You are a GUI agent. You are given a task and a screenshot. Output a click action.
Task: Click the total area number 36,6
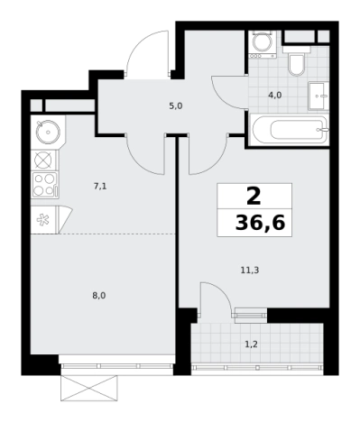tap(260, 224)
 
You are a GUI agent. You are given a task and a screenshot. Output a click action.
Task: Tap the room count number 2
tap(254, 197)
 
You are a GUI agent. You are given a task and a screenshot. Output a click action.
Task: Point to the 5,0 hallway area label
tap(176, 106)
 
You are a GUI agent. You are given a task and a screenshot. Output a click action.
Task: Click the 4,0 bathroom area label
tap(274, 96)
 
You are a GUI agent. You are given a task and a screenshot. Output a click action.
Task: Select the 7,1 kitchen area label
tap(100, 187)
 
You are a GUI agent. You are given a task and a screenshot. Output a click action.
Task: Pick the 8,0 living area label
tap(99, 296)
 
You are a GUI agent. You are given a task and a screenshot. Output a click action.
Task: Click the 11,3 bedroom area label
tap(250, 271)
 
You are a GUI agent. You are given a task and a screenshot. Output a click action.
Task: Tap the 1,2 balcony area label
tap(251, 344)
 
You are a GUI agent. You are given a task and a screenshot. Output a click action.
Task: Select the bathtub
tap(290, 130)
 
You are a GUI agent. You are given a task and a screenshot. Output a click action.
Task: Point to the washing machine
tap(263, 44)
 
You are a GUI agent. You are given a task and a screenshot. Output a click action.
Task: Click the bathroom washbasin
tap(318, 96)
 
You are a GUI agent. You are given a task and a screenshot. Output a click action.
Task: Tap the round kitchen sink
tap(48, 132)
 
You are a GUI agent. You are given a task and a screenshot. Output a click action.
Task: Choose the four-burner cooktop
tap(45, 185)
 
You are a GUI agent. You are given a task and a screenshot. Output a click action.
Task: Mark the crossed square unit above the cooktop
tap(44, 160)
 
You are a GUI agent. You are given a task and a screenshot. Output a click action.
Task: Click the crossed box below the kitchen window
tap(88, 388)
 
